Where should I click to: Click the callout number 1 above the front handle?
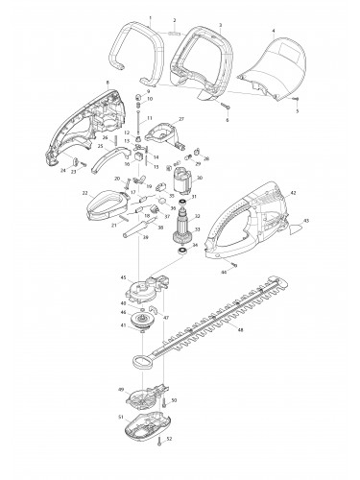point(149,18)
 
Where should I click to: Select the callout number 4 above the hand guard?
point(274,30)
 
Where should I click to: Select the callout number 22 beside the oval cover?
point(84,194)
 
